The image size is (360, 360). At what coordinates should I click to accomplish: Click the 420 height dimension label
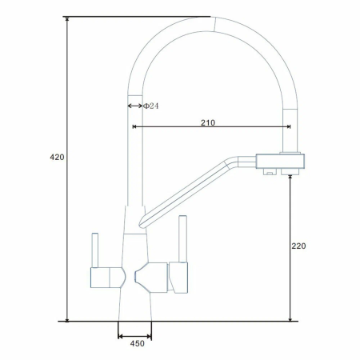57,157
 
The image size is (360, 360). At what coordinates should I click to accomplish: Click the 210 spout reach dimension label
208,122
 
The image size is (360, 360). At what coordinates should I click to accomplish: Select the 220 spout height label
298,246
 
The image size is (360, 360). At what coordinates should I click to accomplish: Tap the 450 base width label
138,343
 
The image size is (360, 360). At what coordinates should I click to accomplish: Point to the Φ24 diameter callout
151,106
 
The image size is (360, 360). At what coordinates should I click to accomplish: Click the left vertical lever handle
94,250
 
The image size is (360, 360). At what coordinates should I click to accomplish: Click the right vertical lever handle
182,239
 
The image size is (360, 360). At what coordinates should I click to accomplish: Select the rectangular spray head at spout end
280,161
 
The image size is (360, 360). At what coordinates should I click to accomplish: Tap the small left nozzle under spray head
270,172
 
